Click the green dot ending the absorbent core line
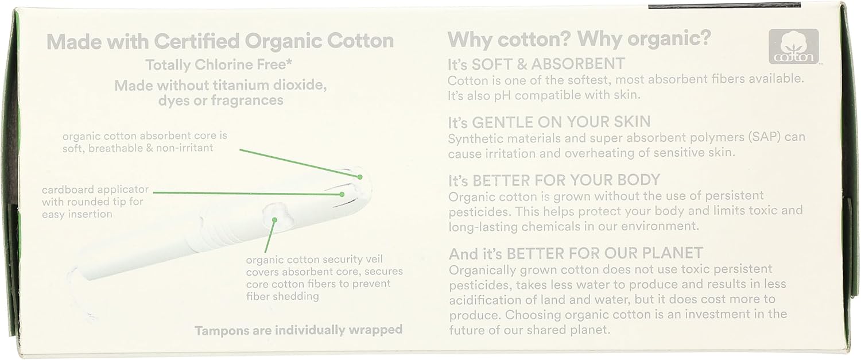[x=360, y=177]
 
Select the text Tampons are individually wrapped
[x=298, y=330]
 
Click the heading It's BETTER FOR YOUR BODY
[x=554, y=180]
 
